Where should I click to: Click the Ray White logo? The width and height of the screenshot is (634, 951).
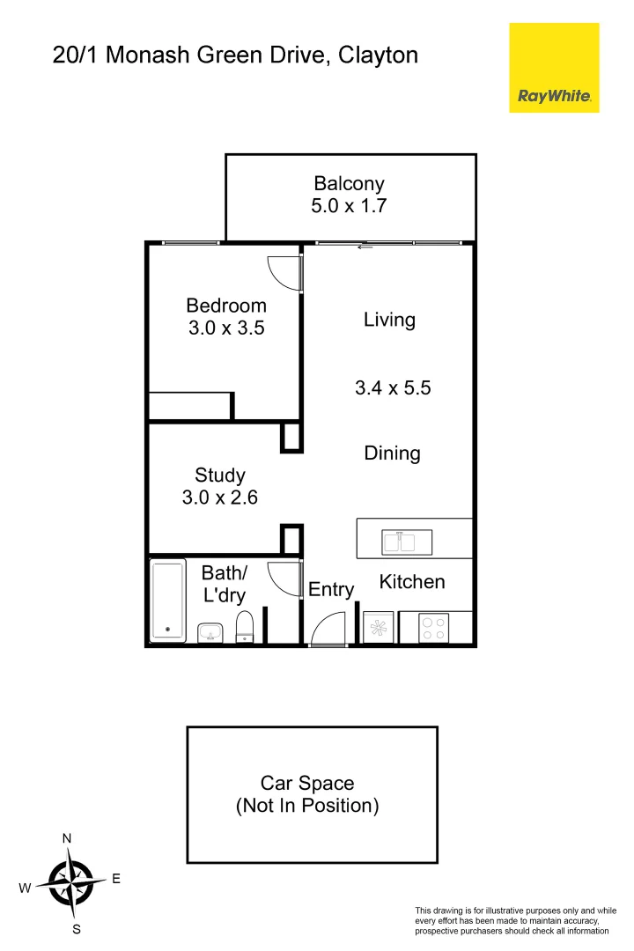(554, 68)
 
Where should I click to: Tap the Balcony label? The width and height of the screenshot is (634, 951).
(350, 184)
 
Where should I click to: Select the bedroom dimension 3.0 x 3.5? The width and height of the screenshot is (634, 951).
(226, 328)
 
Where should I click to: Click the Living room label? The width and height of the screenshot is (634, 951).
(389, 320)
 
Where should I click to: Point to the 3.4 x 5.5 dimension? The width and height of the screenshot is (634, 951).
(393, 387)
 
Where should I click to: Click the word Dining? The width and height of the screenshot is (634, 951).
(393, 453)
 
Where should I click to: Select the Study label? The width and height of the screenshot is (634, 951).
(220, 475)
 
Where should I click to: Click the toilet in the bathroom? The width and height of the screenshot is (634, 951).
(245, 628)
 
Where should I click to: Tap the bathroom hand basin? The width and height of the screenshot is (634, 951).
(210, 632)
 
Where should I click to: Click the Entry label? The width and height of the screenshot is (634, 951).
(331, 590)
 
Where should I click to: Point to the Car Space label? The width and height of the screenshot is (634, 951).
(307, 783)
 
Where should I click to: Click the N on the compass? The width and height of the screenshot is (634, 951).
(67, 838)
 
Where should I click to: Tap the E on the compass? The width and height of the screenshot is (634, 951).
(116, 879)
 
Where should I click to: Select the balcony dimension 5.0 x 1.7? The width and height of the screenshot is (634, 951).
(350, 207)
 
